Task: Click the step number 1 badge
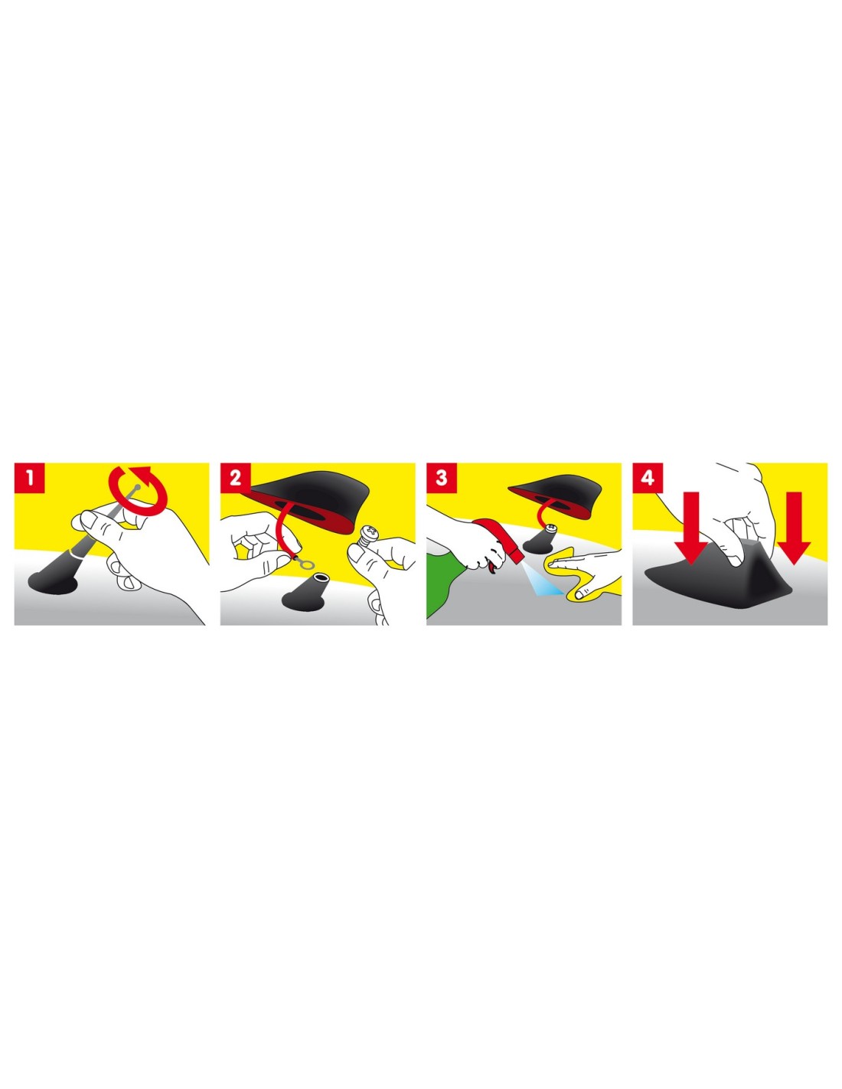click(x=30, y=478)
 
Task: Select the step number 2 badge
click(x=236, y=478)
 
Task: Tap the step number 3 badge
click(x=442, y=478)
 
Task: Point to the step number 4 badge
click(x=648, y=478)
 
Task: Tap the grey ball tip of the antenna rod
click(x=137, y=486)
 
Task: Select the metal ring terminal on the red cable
click(x=304, y=564)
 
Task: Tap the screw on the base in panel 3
click(x=553, y=527)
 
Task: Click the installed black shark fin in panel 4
click(x=721, y=581)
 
